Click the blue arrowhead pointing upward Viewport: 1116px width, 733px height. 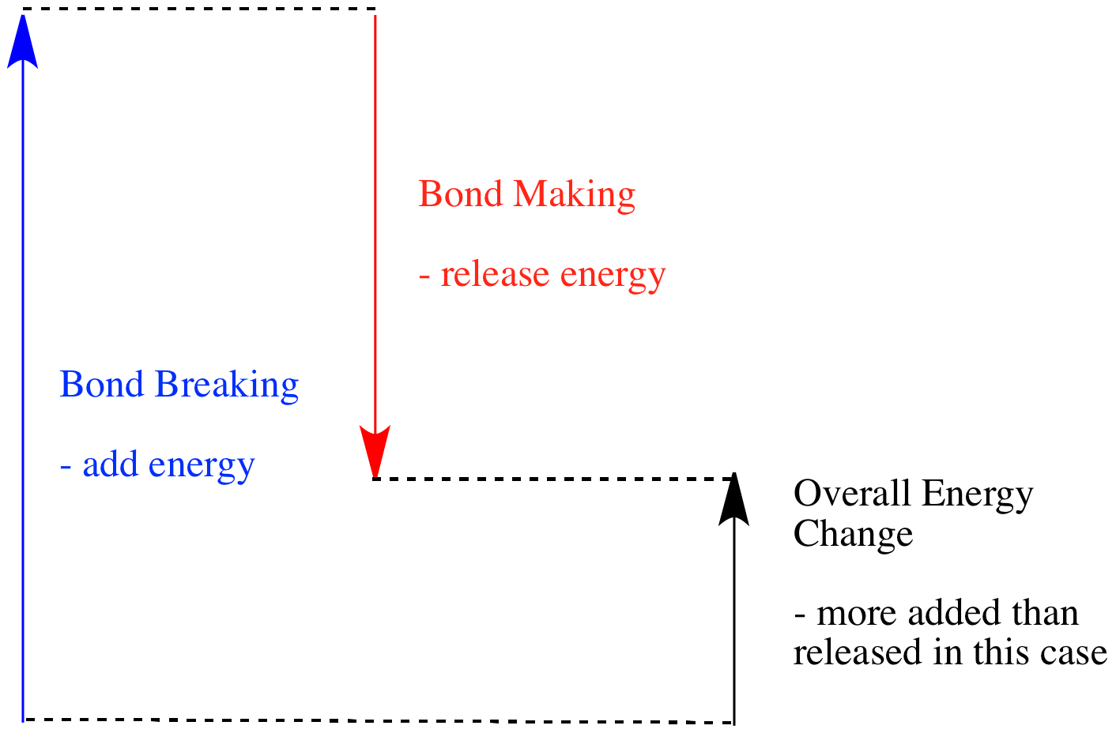click(x=23, y=43)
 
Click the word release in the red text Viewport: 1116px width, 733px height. click(x=495, y=275)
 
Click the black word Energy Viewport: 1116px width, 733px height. click(x=977, y=495)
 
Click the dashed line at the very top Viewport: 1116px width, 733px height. click(x=198, y=9)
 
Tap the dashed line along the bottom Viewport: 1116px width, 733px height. click(x=379, y=720)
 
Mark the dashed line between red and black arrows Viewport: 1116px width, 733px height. click(x=553, y=479)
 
